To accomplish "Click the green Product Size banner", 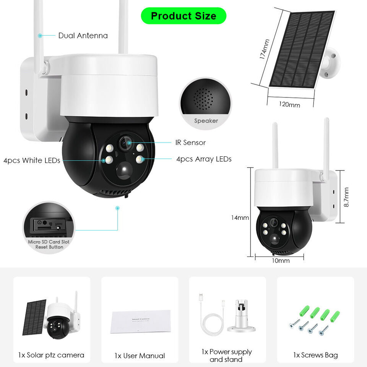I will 183,16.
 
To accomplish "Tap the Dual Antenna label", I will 83,36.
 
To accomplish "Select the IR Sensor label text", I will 190,143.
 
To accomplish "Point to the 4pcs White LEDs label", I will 32,161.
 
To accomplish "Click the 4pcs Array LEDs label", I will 204,159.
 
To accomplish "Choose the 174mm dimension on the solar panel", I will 264,49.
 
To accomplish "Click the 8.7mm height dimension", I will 346,197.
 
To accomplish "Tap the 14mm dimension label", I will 240,218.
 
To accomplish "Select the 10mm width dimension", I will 281,261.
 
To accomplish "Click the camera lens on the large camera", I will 124,143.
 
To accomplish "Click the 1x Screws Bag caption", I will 315,355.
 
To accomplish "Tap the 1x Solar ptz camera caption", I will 51,355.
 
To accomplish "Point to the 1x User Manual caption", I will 140,356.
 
